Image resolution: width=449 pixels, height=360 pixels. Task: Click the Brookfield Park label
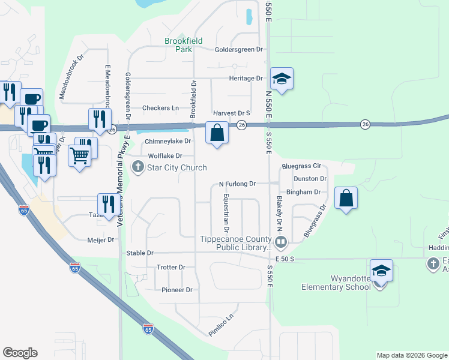pos(184,45)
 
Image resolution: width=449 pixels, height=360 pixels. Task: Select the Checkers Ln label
pos(160,108)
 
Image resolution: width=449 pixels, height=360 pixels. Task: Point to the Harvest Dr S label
pos(231,113)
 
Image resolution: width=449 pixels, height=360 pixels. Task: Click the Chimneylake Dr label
pos(167,142)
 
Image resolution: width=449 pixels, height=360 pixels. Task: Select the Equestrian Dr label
pos(227,213)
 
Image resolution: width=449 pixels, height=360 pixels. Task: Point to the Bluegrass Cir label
pos(301,166)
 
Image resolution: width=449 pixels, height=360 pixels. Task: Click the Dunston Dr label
pos(310,179)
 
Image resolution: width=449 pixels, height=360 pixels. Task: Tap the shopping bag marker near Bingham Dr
pos(346,199)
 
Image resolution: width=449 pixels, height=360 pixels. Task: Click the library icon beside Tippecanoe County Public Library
pos(280,242)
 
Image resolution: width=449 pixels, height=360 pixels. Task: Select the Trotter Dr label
pos(170,267)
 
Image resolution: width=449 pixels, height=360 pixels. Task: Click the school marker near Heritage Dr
pos(282,79)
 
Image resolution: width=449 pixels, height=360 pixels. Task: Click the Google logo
pos(20,353)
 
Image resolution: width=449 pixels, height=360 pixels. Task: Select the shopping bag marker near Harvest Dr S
pos(217,133)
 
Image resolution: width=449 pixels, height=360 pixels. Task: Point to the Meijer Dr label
pos(101,240)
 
